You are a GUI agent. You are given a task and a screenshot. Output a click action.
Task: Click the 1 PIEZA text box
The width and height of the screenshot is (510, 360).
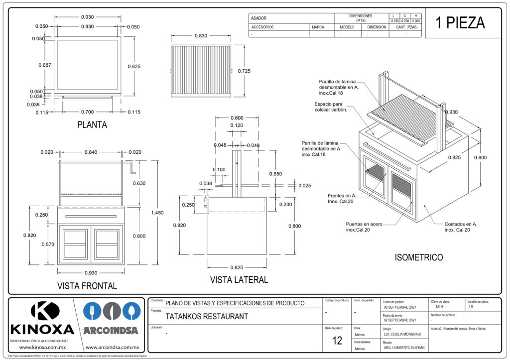(x=460, y=23)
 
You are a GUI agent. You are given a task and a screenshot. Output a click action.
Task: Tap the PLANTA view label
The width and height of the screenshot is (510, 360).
(x=92, y=125)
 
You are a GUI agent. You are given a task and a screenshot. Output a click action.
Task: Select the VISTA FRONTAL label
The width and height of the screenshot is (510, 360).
(x=87, y=286)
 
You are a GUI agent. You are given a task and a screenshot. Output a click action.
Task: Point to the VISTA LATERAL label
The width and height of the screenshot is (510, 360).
(x=239, y=280)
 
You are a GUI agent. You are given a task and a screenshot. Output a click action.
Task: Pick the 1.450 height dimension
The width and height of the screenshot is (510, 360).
(x=157, y=213)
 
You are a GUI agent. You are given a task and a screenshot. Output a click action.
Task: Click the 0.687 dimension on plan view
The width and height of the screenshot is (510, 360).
(x=44, y=65)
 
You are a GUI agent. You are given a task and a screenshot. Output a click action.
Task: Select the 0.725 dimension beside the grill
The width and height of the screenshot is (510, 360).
(x=244, y=71)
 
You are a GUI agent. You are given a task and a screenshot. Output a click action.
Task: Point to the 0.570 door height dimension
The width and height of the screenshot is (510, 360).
(x=48, y=244)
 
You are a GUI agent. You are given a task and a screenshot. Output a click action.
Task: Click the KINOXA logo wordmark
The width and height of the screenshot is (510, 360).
(x=42, y=329)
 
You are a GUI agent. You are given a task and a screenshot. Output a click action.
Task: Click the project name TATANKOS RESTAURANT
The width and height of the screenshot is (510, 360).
(x=207, y=316)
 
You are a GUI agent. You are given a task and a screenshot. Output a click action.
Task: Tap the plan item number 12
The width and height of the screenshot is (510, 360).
(x=337, y=341)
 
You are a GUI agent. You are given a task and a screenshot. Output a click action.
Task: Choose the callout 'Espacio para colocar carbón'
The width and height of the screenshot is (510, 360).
(x=330, y=107)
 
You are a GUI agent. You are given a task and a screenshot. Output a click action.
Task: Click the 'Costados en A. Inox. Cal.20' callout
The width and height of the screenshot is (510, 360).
(x=461, y=227)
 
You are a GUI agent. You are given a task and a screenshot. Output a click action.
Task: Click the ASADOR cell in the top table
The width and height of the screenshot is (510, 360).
(x=259, y=18)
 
